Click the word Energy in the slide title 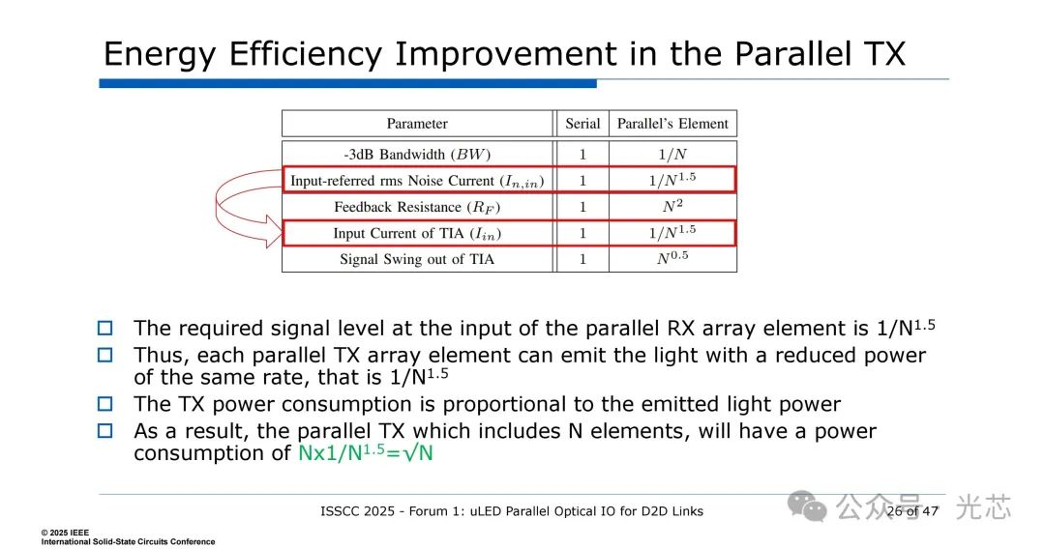[x=160, y=55]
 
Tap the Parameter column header [x=417, y=124]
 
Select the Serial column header [x=582, y=124]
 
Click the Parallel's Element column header [x=672, y=124]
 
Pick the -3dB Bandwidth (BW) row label [x=417, y=155]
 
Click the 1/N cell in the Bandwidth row [x=672, y=155]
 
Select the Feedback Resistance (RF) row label [x=417, y=207]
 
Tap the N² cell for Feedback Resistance [x=672, y=206]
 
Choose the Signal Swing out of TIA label [x=417, y=260]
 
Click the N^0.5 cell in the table [x=672, y=258]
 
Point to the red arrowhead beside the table [x=274, y=232]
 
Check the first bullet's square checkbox [x=105, y=328]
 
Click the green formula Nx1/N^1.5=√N [x=365, y=452]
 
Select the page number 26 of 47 [x=912, y=511]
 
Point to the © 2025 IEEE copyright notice [x=65, y=533]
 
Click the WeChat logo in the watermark [x=807, y=507]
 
